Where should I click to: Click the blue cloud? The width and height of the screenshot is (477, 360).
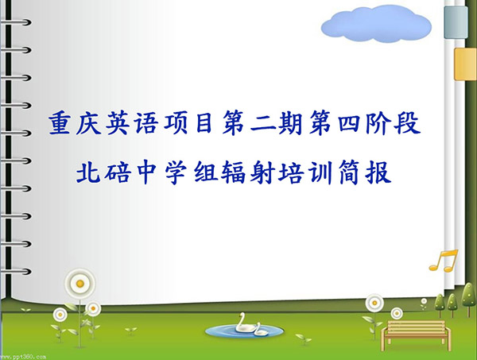tap(376, 24)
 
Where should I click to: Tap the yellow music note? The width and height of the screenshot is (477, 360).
tap(444, 261)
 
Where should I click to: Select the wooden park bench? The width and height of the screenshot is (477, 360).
tap(416, 335)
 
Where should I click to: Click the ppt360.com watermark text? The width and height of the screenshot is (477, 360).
tap(23, 357)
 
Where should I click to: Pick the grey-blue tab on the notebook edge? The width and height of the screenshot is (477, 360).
tap(456, 22)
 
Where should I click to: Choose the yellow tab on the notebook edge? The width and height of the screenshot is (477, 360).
tap(465, 64)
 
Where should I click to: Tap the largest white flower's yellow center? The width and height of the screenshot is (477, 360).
tap(80, 284)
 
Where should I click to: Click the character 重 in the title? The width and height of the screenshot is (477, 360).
tap(60, 123)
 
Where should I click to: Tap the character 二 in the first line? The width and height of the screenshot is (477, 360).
tap(262, 124)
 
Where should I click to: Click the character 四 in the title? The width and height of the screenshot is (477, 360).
tap(350, 123)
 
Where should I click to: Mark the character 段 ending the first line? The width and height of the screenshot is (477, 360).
tap(408, 123)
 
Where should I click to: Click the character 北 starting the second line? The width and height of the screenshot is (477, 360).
tap(88, 172)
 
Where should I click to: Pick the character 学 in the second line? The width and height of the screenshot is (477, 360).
tap(176, 172)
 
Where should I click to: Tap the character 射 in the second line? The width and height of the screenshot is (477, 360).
tap(262, 172)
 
